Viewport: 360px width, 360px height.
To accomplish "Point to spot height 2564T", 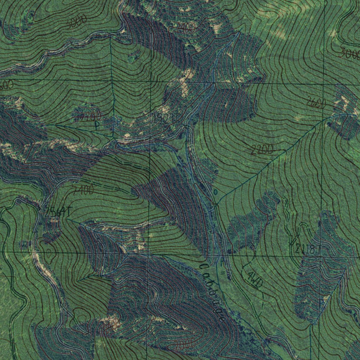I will pyautogui.click(x=59, y=211).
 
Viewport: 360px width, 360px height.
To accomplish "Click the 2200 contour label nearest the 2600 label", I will pyautogui.click(x=262, y=150).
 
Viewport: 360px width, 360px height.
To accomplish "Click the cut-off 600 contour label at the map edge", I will pyautogui.click(x=6, y=85).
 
